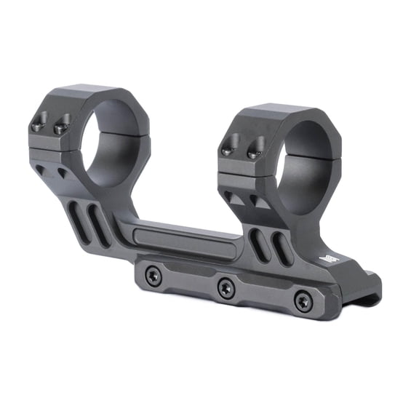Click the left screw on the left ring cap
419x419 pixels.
[x=39, y=124]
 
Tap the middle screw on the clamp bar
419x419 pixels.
[x=226, y=287]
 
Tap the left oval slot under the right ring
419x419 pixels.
[x=257, y=244]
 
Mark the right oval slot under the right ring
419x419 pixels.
[x=279, y=251]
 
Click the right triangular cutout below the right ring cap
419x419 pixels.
[x=255, y=199]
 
